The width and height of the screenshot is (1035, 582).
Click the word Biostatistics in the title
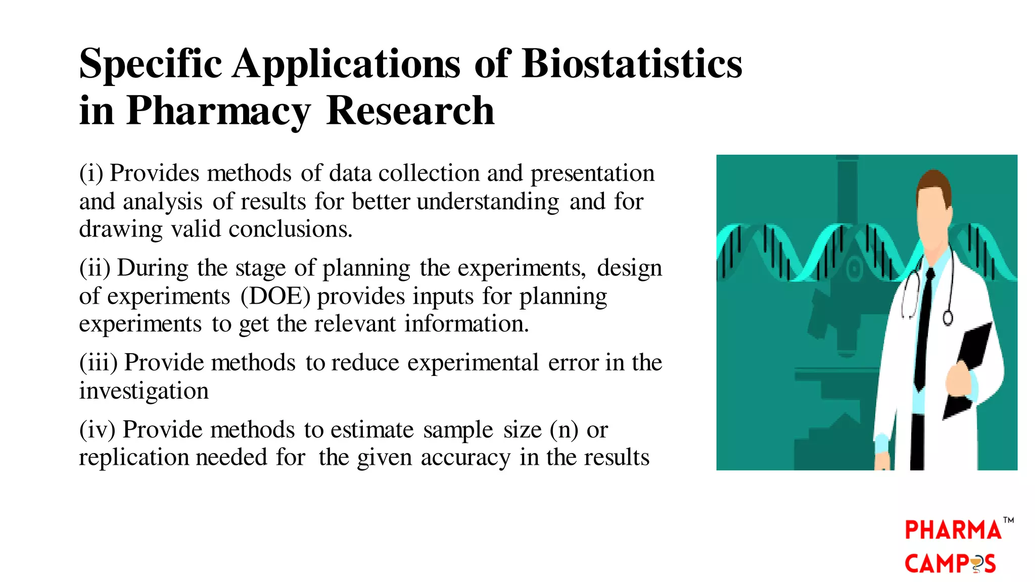pos(632,64)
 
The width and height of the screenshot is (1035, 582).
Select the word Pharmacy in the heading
pos(218,111)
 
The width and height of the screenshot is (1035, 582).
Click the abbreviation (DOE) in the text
pos(275,297)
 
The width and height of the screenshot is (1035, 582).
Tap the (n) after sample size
pos(564,430)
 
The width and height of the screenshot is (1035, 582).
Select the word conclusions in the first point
pos(290,230)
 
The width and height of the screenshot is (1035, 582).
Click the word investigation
pos(144,391)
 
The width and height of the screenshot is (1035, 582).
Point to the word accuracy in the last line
pos(465,458)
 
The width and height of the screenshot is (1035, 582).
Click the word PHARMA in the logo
pos(953,530)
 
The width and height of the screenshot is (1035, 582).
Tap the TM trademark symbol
pos(1009,520)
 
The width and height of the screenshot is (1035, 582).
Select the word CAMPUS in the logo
pos(950,564)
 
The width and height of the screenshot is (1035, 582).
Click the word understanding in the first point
pos(488,202)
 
